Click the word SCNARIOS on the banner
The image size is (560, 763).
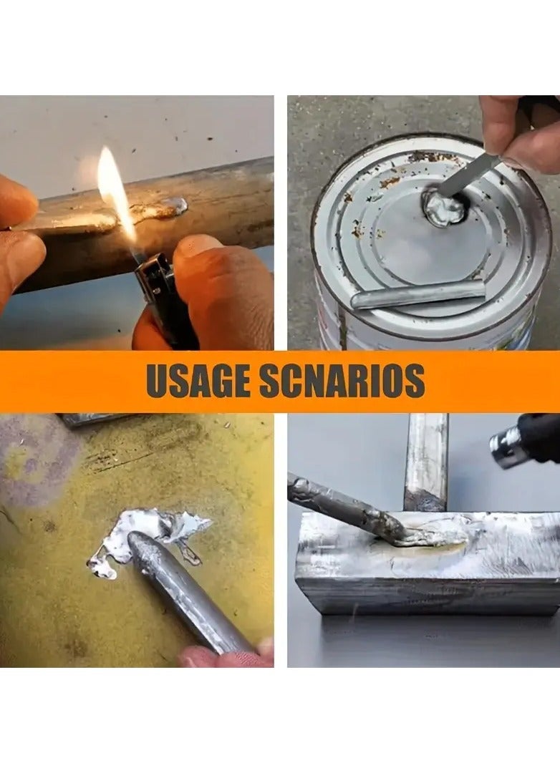(x=342, y=381)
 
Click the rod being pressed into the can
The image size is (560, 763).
(x=469, y=176)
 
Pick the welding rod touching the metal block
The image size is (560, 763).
(x=344, y=505)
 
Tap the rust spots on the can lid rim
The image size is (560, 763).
(x=390, y=183)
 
